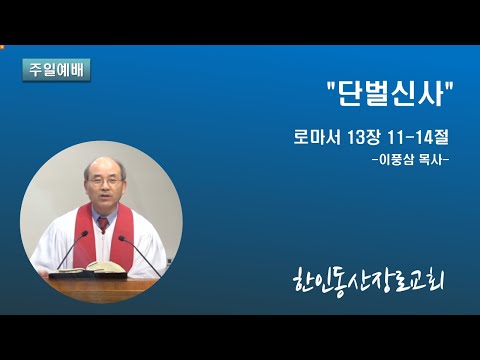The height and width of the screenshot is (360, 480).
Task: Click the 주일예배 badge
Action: pyautogui.click(x=56, y=70)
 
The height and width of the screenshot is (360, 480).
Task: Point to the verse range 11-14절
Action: pyautogui.click(x=418, y=137)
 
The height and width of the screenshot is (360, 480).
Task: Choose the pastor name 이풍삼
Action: pyautogui.click(x=397, y=160)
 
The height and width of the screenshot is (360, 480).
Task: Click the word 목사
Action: pyautogui.click(x=432, y=160)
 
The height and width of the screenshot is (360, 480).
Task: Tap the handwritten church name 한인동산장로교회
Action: pyautogui.click(x=369, y=284)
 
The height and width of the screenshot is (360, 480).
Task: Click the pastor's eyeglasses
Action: pyautogui.click(x=105, y=182)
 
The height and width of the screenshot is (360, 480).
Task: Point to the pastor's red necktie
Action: pyautogui.click(x=103, y=224)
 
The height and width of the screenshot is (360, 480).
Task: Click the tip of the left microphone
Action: pyautogui.click(x=85, y=233)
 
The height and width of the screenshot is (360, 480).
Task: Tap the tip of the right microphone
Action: pyautogui.click(x=122, y=238)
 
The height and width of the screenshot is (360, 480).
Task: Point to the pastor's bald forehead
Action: pyautogui.click(x=103, y=168)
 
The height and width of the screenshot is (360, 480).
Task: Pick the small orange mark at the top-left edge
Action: pyautogui.click(x=2, y=47)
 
